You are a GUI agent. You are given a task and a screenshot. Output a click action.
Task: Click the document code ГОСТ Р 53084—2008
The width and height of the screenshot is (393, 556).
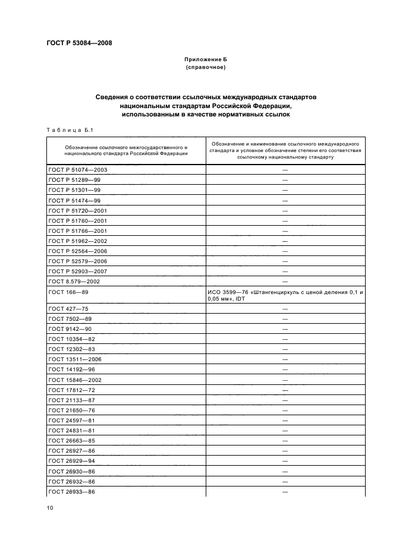tap(79, 43)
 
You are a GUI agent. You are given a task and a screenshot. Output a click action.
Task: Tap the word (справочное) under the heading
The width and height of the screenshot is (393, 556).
tap(206, 68)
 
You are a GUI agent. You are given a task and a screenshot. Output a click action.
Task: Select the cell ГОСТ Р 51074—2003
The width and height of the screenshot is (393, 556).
tap(77, 170)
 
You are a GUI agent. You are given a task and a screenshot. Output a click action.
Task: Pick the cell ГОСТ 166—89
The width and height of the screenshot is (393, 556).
tap(69, 293)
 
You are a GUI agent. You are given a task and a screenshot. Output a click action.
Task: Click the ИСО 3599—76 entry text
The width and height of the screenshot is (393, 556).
tap(285, 296)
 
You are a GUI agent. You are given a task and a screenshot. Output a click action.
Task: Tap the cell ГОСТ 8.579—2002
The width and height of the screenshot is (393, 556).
tap(74, 280)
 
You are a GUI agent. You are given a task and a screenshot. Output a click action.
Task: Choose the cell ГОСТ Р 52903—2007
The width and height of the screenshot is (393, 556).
tap(77, 270)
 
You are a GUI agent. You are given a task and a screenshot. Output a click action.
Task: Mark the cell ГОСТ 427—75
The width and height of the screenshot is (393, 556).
tap(69, 309)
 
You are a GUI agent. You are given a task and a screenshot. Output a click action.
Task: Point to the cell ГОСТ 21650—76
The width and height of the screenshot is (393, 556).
tap(71, 410)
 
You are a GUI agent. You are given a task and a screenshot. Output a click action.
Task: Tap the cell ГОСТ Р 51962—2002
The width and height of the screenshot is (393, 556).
tap(77, 240)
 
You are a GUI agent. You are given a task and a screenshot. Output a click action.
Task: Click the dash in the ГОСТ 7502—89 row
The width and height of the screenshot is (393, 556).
tap(285, 319)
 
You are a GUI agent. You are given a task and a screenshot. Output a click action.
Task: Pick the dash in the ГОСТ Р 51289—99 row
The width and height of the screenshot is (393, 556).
tap(285, 180)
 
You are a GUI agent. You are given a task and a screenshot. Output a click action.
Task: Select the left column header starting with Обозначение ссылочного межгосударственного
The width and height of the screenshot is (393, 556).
tap(126, 150)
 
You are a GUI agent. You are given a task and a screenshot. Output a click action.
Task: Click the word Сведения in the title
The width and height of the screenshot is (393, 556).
tap(113, 96)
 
